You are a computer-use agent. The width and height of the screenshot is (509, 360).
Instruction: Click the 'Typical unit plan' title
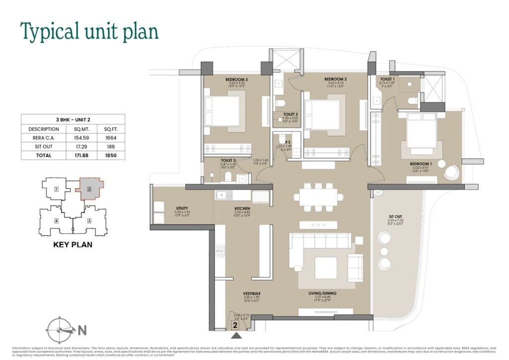click(x=89, y=31)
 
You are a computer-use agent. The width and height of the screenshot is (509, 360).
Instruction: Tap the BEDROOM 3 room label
click(x=223, y=80)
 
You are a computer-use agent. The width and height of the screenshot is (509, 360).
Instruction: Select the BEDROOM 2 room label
click(x=336, y=79)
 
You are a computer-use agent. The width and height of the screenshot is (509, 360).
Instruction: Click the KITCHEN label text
click(x=228, y=210)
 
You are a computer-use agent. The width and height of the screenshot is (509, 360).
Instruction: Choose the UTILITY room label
click(x=168, y=208)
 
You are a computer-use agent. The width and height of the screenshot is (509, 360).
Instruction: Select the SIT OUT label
click(x=396, y=217)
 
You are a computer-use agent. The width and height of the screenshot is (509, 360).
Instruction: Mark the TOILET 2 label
click(x=290, y=114)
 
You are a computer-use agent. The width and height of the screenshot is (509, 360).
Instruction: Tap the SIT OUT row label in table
click(x=37, y=147)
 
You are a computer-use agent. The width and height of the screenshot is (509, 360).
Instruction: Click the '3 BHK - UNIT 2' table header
click(x=73, y=120)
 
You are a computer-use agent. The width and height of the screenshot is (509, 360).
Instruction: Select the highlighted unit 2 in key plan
click(x=89, y=189)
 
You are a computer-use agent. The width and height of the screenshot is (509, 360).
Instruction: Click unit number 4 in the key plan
click(x=57, y=220)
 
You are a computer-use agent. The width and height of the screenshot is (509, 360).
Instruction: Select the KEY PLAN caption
click(x=73, y=245)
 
